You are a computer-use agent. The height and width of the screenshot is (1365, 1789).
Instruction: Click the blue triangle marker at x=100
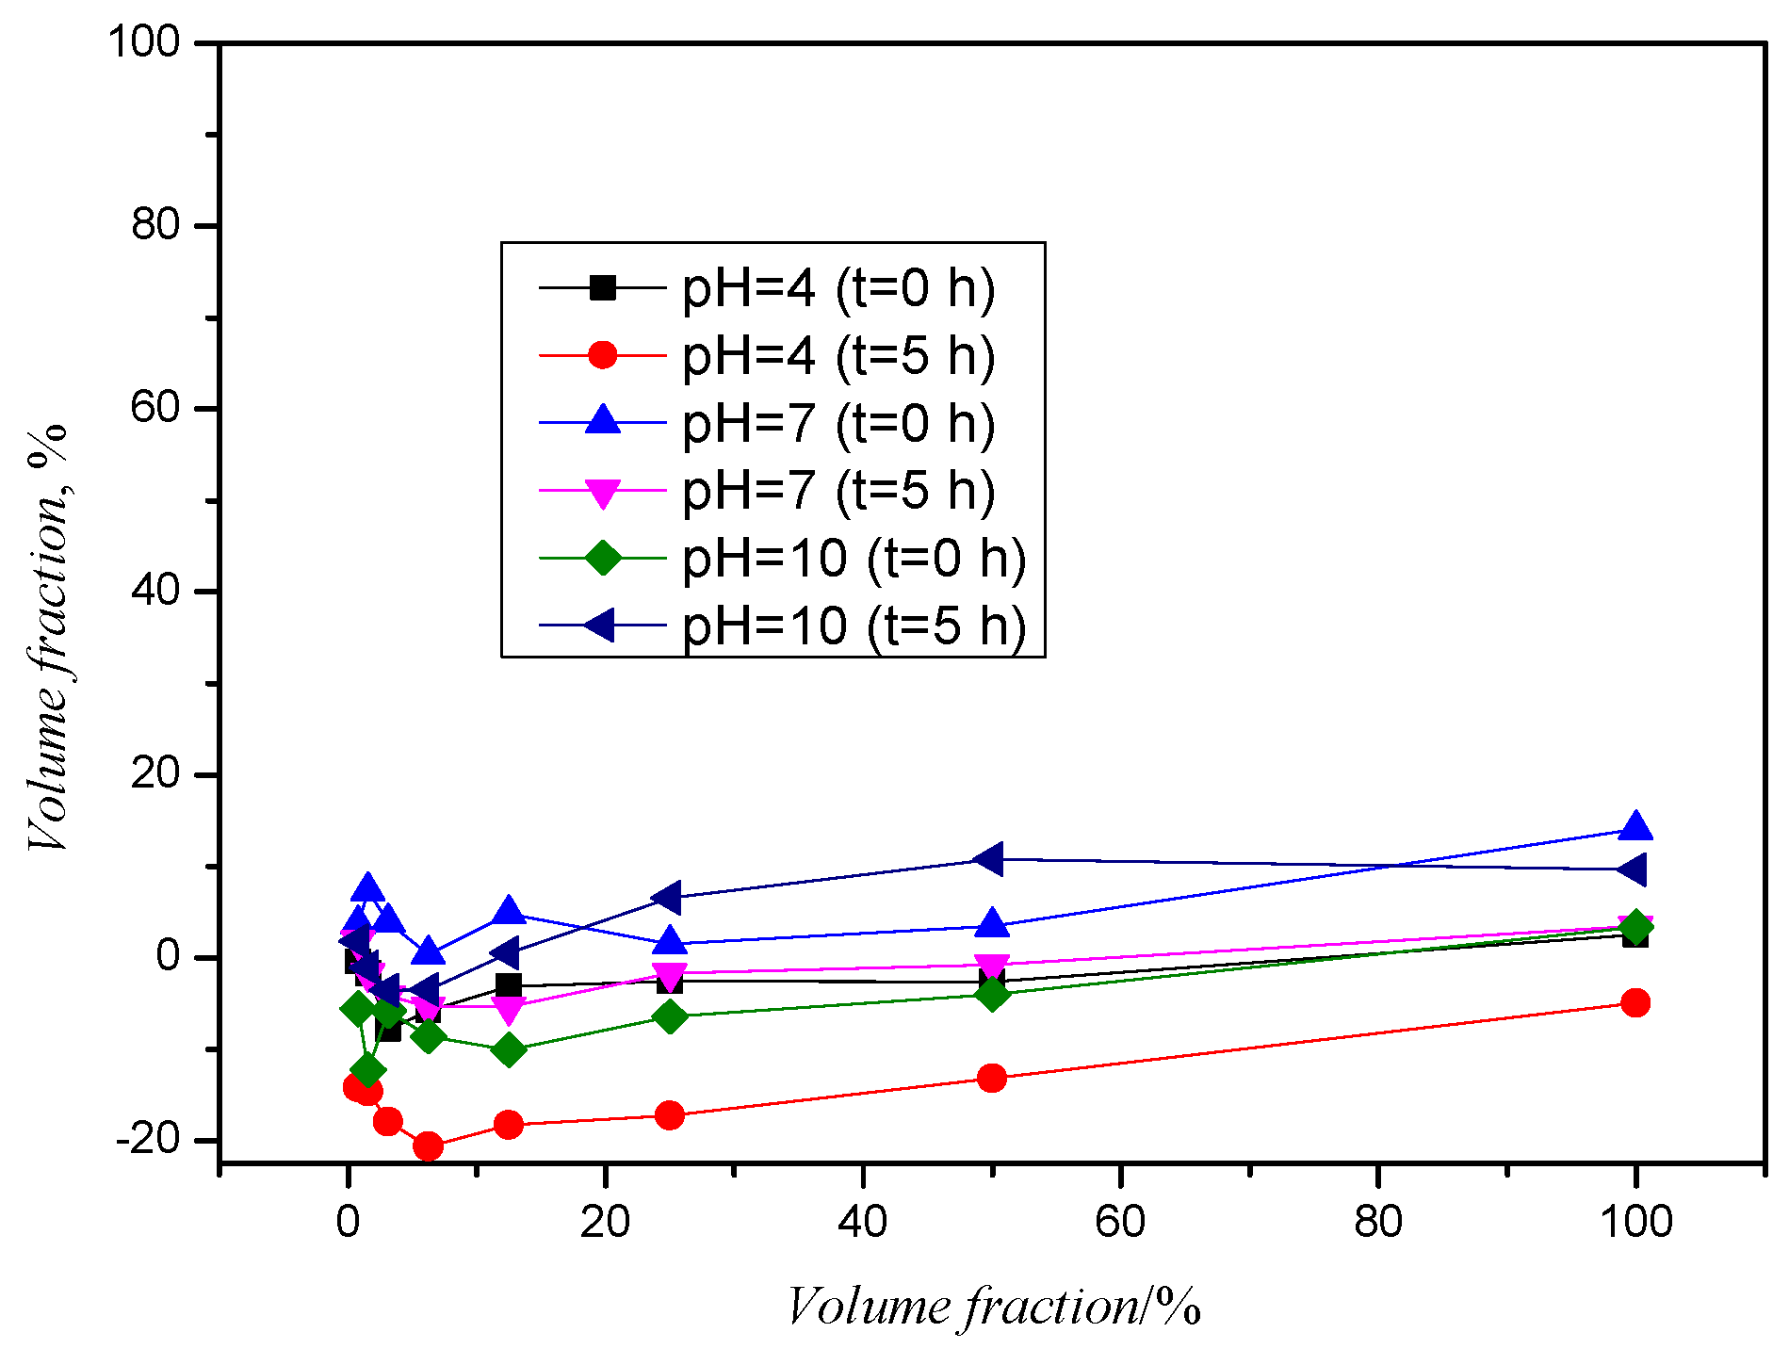(1635, 828)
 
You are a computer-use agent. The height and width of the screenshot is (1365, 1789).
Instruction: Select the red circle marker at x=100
(1635, 1002)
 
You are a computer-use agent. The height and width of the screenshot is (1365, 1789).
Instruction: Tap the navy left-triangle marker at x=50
(990, 858)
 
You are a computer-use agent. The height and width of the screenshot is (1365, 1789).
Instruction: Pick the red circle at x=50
(991, 1078)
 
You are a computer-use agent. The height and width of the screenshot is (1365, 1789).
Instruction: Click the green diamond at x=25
(670, 1017)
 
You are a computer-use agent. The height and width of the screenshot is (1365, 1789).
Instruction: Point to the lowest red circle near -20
(428, 1146)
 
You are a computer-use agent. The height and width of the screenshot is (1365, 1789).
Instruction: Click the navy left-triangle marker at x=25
(668, 898)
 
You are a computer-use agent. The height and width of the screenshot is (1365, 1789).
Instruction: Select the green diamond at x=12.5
(509, 1049)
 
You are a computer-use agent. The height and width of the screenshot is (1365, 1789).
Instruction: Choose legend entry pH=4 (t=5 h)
(838, 355)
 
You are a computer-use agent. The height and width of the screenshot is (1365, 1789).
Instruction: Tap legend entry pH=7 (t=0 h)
(838, 423)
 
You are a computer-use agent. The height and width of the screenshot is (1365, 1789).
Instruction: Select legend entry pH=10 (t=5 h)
(853, 626)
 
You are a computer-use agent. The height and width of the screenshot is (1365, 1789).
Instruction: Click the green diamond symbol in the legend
(602, 558)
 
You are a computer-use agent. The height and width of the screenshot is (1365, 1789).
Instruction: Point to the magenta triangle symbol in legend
(602, 492)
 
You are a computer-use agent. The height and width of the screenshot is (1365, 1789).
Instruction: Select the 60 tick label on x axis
(1120, 1222)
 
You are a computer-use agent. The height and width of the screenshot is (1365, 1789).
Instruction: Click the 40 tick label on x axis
(862, 1222)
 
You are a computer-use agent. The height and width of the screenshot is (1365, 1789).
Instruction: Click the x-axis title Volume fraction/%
(993, 1308)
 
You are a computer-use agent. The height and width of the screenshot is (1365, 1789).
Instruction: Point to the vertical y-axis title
(47, 637)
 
